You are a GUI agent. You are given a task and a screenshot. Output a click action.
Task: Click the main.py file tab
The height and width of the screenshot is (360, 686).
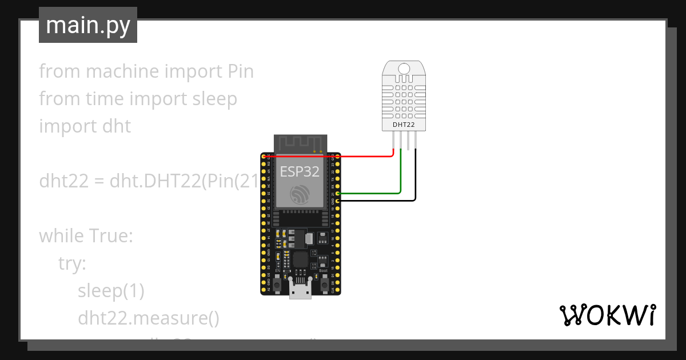[x=87, y=25]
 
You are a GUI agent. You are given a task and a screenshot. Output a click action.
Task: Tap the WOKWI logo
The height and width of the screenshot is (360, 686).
[x=607, y=315]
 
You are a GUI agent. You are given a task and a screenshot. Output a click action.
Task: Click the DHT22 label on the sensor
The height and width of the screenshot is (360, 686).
[x=404, y=124]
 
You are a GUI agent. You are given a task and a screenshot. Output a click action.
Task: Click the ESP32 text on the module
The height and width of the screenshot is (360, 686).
[x=299, y=171]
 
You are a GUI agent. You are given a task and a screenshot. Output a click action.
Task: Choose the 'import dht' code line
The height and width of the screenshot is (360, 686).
[x=85, y=126]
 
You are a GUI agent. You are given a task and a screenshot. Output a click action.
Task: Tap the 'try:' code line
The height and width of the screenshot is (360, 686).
[x=72, y=263]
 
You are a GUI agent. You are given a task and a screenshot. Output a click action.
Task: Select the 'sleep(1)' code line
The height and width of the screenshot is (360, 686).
[x=111, y=291]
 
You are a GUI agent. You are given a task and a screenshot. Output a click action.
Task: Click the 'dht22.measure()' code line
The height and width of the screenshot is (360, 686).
[x=149, y=318]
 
